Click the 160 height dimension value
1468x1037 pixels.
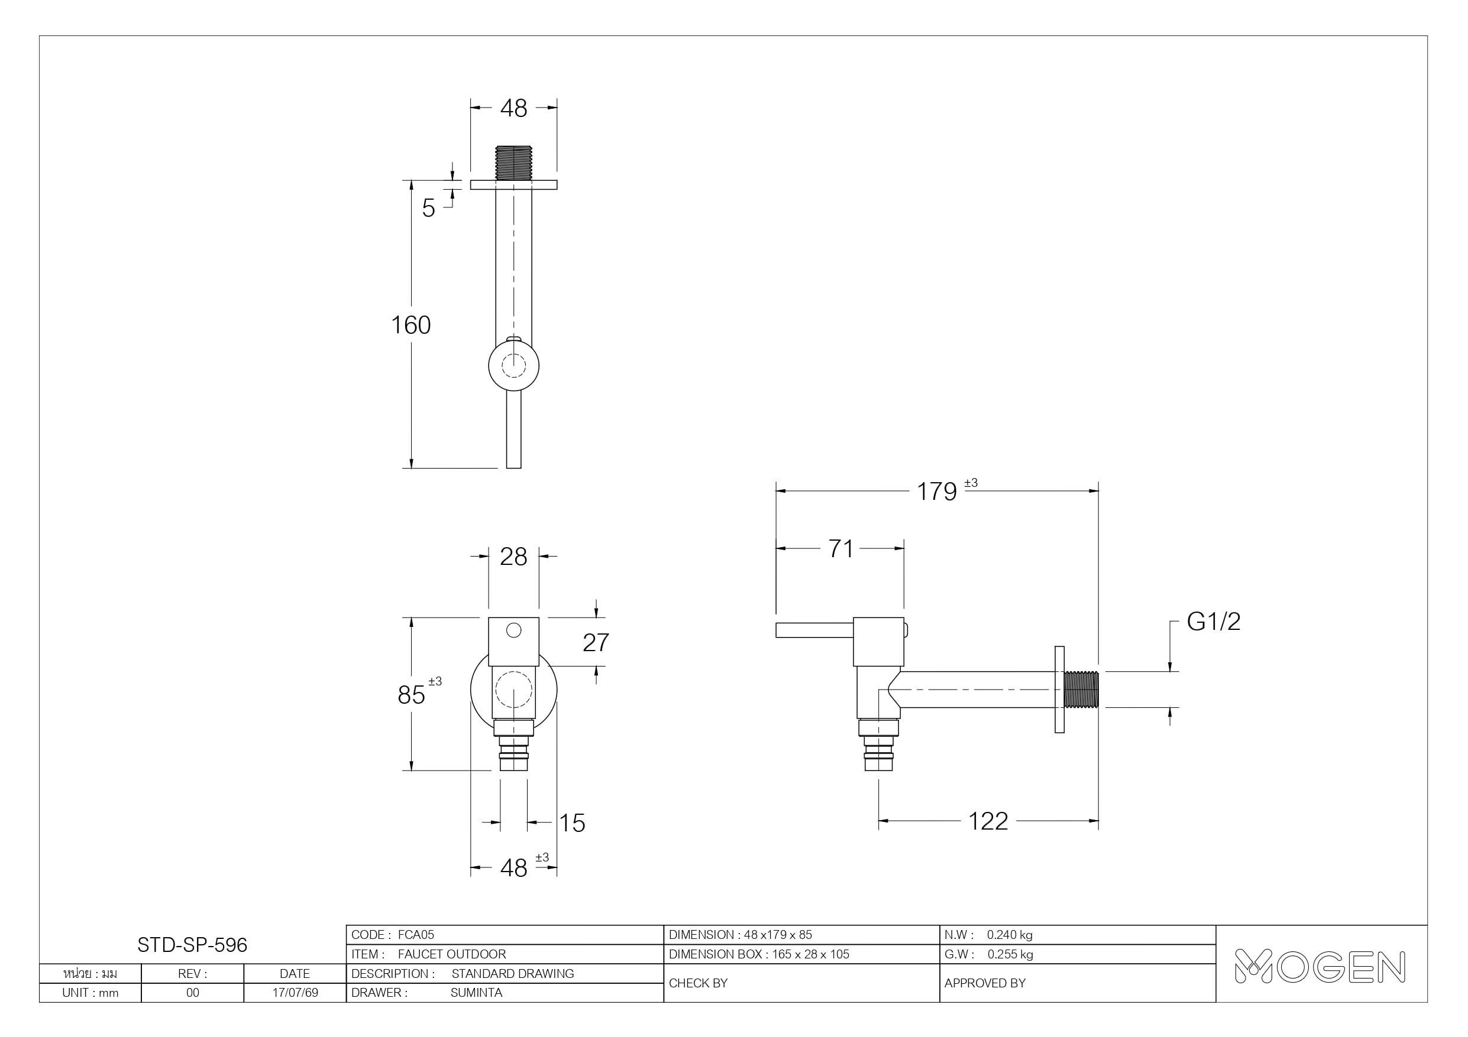[410, 325]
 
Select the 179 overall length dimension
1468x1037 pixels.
[937, 492]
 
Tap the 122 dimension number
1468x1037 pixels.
[988, 821]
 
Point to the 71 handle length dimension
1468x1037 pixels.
[841, 549]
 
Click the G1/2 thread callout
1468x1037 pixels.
[1214, 622]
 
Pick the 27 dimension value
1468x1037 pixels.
[596, 642]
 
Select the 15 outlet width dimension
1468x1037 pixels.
[573, 823]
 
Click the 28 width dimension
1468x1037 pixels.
[513, 557]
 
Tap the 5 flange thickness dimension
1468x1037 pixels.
[428, 209]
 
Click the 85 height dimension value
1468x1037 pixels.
[411, 695]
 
